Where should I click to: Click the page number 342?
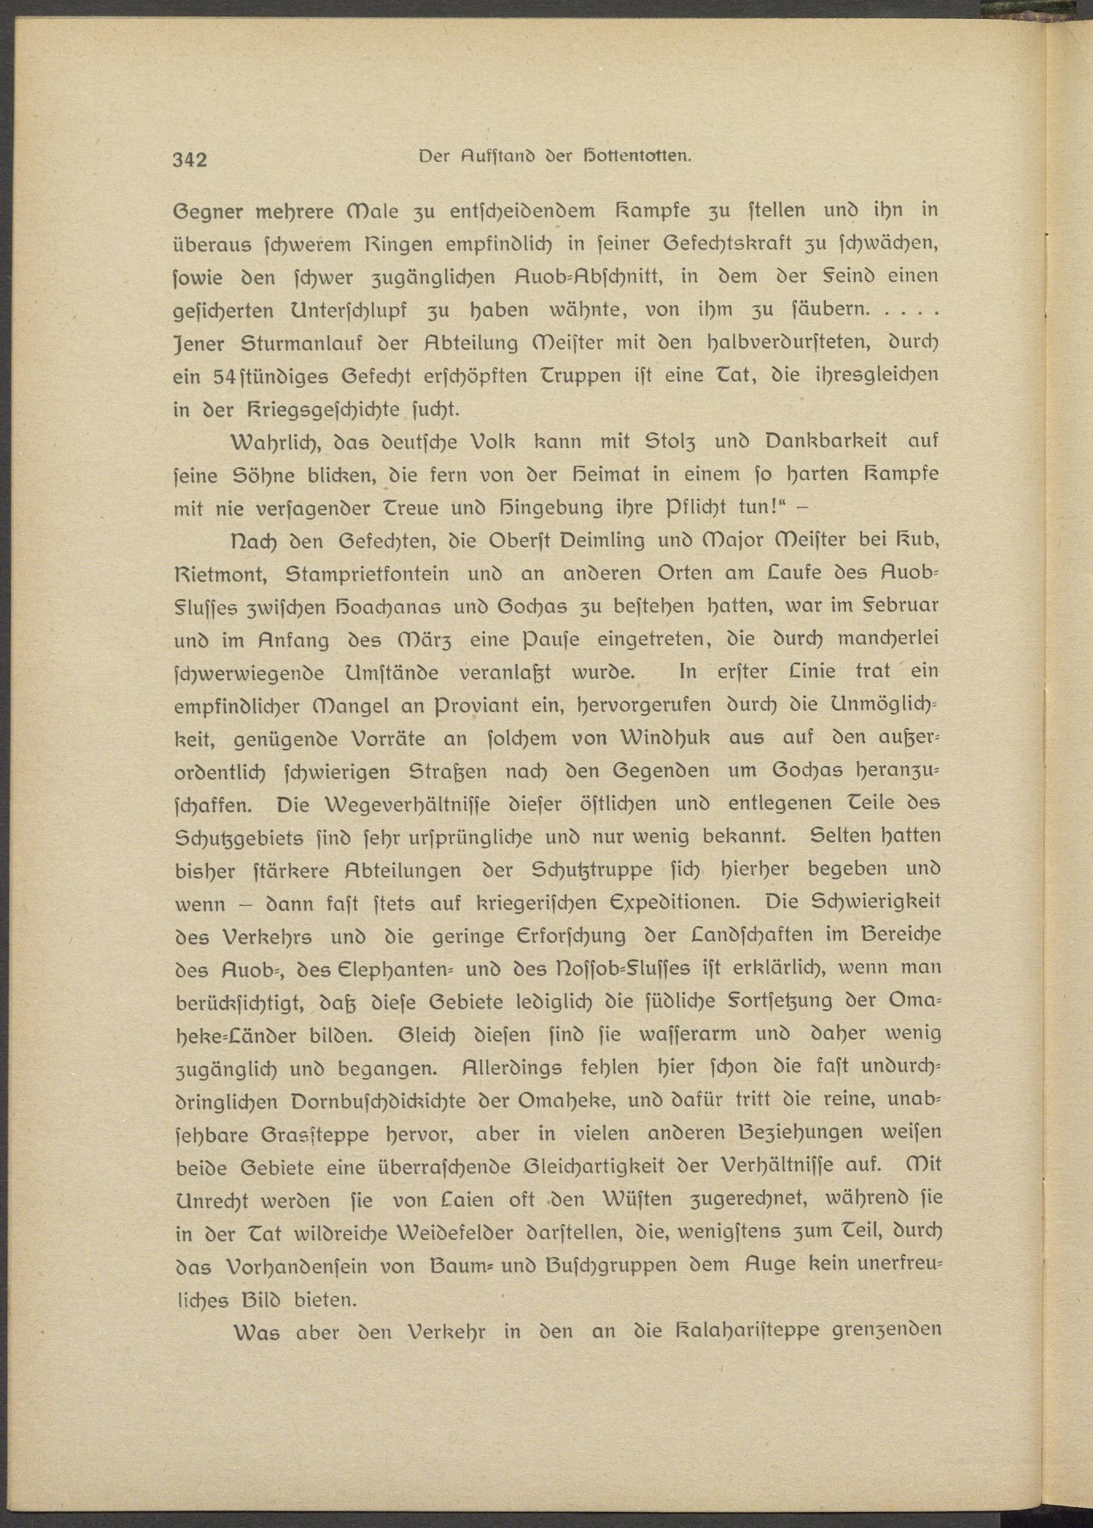coord(189,160)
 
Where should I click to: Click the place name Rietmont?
coord(220,573)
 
